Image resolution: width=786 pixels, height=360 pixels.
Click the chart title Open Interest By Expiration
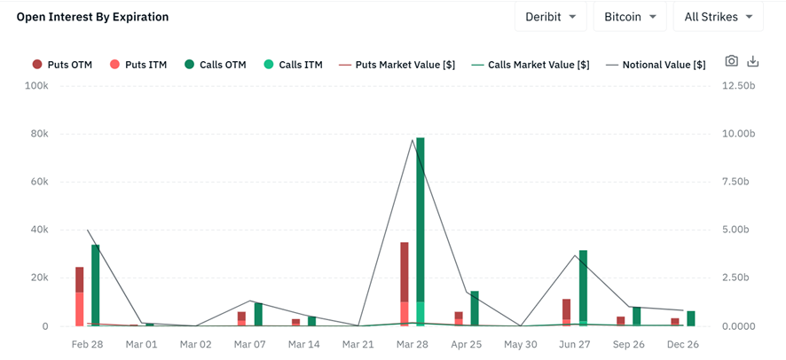pyautogui.click(x=92, y=17)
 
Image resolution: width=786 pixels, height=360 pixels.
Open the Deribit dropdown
pyautogui.click(x=550, y=17)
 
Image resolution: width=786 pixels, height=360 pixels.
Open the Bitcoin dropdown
pyautogui.click(x=629, y=17)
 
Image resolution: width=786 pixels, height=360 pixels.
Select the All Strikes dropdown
pyautogui.click(x=718, y=17)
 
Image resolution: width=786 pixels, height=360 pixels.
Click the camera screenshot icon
pyautogui.click(x=731, y=61)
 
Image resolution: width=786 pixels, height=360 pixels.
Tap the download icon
pyautogui.click(x=753, y=61)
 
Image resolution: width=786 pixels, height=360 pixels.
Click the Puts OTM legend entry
pyautogui.click(x=62, y=65)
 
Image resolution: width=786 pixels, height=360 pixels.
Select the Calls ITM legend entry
pyautogui.click(x=293, y=65)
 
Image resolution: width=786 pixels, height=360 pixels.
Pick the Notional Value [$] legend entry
pyautogui.click(x=656, y=65)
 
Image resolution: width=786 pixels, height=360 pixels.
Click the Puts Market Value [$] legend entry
pyautogui.click(x=398, y=65)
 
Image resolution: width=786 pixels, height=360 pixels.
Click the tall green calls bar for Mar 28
pyautogui.click(x=421, y=231)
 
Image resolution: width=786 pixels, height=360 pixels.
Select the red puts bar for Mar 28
pyautogui.click(x=405, y=284)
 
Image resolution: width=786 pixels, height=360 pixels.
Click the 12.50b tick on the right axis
pyautogui.click(x=738, y=86)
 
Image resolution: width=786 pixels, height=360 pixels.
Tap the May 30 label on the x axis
pyautogui.click(x=522, y=343)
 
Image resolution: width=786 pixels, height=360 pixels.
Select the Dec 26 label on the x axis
pyautogui.click(x=682, y=343)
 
